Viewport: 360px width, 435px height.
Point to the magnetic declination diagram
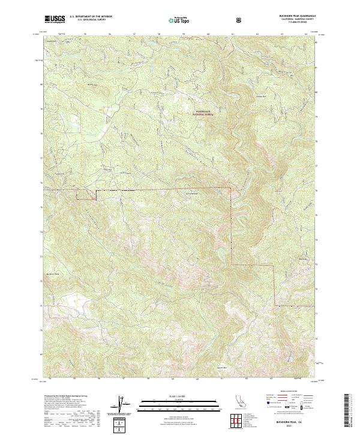point(125,405)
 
